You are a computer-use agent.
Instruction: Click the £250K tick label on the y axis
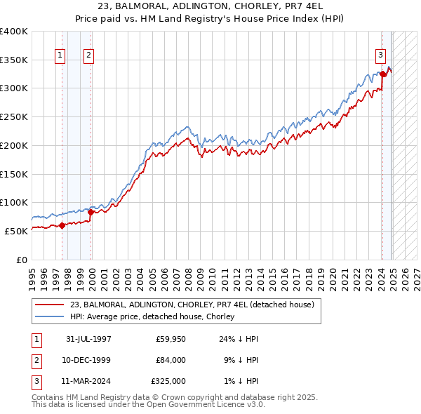pyautogui.click(x=14, y=116)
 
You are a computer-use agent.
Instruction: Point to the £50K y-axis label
pyautogui.click(x=16, y=231)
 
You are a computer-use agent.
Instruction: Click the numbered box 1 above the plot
pyautogui.click(x=60, y=57)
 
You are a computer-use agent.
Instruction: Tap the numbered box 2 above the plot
pyautogui.click(x=90, y=57)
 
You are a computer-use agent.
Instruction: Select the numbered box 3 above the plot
pyautogui.click(x=380, y=57)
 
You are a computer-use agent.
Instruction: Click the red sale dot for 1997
pyautogui.click(x=62, y=225)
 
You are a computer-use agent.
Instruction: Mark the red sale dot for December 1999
pyautogui.click(x=91, y=211)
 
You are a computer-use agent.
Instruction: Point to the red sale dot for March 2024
pyautogui.click(x=382, y=74)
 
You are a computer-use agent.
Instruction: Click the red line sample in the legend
pyautogui.click(x=51, y=305)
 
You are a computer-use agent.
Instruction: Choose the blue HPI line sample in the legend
pyautogui.click(x=51, y=317)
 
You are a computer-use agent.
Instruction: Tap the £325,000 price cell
pyautogui.click(x=168, y=381)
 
